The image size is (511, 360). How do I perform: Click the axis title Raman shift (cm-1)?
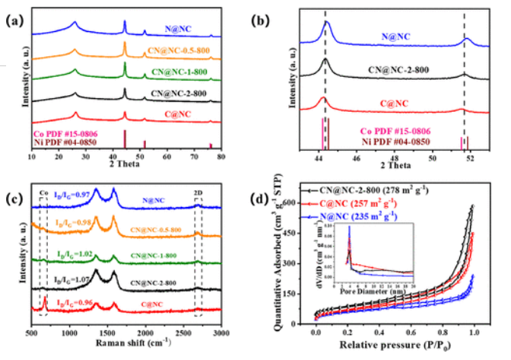126,345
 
